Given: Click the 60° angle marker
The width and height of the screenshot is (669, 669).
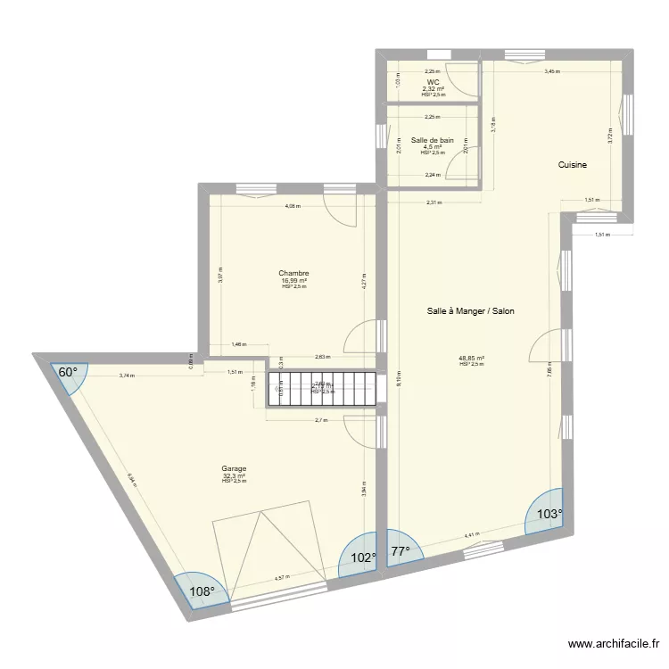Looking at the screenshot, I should pyautogui.click(x=69, y=373).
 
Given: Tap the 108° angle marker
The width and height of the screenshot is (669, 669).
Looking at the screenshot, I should pyautogui.click(x=202, y=590).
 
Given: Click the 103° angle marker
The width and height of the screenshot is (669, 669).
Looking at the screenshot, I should pyautogui.click(x=548, y=514).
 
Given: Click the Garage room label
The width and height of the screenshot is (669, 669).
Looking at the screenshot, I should pyautogui.click(x=234, y=468).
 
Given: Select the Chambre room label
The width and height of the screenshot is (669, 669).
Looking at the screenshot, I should pyautogui.click(x=293, y=274).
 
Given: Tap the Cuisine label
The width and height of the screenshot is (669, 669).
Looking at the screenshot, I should pyautogui.click(x=572, y=165).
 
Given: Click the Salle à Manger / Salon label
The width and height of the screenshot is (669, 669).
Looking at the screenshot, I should pyautogui.click(x=470, y=311).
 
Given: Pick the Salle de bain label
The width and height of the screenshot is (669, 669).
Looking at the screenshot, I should pyautogui.click(x=433, y=140).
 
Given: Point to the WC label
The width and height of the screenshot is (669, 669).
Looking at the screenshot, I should pyautogui.click(x=433, y=82).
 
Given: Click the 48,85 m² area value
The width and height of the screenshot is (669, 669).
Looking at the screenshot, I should pyautogui.click(x=471, y=359).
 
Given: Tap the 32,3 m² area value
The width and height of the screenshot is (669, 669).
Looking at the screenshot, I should pyautogui.click(x=234, y=475).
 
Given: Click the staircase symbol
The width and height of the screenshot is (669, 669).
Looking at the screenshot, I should pyautogui.click(x=321, y=389).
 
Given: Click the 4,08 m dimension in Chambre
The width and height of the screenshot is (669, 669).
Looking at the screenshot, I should pyautogui.click(x=293, y=206).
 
